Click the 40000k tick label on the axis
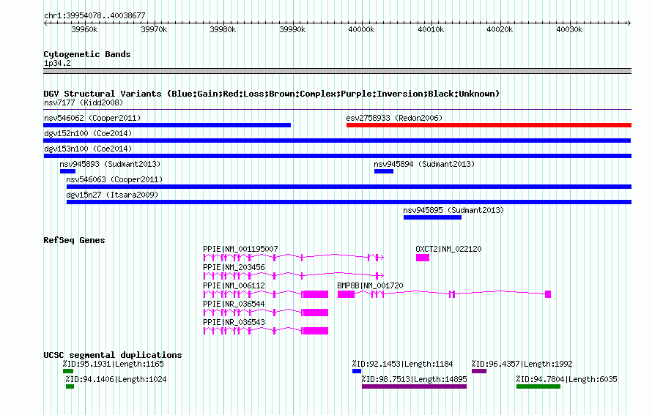pos(361,29)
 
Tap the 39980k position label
pos(223,29)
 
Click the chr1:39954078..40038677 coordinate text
pos(95,16)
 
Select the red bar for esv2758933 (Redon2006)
pos(489,125)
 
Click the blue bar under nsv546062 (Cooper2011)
pos(167,125)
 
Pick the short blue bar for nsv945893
pos(68,171)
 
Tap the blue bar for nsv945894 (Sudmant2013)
pos(384,171)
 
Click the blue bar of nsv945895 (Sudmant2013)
pos(432,217)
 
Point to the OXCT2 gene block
pos(423,258)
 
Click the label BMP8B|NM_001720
pos(370,285)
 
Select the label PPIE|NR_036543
pos(234,322)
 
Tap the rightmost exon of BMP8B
pos(548,294)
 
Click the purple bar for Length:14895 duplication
pos(414,386)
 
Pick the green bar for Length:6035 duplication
pos(538,386)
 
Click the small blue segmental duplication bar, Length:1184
pos(357,371)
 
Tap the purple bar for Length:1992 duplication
pos(479,371)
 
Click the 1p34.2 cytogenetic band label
pos(57,64)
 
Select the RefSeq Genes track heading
pos(75,240)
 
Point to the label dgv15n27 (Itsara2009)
pos(112,195)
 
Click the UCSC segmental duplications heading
pos(113,355)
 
